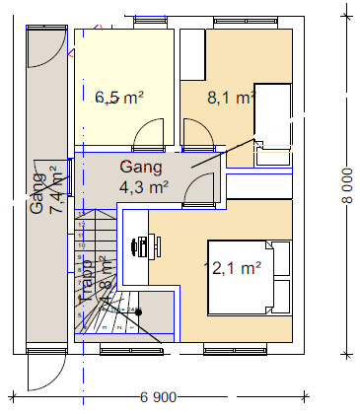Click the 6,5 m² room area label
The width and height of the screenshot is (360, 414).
click(119, 98)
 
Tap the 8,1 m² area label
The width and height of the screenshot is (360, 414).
click(231, 98)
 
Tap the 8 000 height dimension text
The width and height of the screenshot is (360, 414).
click(346, 183)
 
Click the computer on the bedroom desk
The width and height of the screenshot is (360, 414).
click(141, 244)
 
